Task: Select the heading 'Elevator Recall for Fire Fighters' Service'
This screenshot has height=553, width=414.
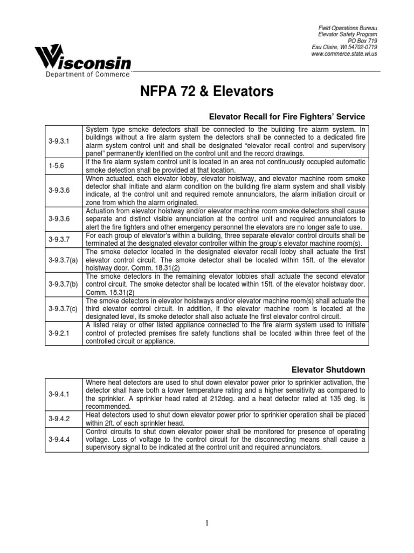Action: (287, 117)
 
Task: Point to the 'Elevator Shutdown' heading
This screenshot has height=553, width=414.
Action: (328, 369)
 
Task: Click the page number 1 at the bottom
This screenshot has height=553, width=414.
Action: (206, 523)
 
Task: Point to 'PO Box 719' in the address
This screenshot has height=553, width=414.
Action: (362, 40)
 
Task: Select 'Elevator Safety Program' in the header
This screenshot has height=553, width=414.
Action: (347, 33)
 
